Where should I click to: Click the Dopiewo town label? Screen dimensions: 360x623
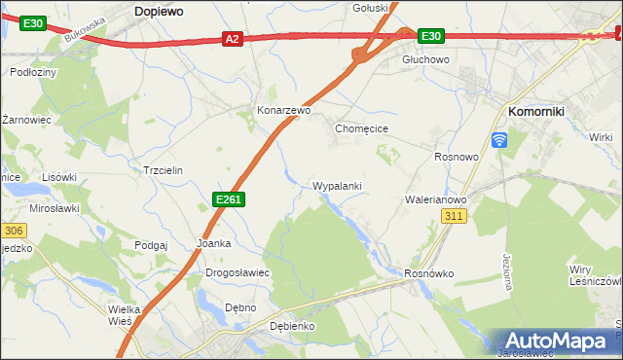161,10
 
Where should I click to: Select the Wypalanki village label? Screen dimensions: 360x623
338,185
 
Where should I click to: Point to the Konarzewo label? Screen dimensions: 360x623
283,111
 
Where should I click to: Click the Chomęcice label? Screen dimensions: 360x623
362,128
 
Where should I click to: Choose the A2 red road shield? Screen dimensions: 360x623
231,39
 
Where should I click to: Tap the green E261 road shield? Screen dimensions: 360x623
229,199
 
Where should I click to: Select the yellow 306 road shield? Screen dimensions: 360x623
12,231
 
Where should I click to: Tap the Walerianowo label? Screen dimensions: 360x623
436,199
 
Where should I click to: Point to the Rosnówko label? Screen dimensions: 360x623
429,273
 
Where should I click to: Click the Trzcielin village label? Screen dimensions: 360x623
163,169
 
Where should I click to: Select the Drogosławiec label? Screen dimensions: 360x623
238,272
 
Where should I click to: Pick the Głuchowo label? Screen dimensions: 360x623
425,59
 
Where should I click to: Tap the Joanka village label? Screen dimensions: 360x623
214,243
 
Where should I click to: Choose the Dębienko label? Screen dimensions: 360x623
292,326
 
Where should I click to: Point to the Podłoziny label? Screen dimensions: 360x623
32,73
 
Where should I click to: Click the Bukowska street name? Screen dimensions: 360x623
85,33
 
